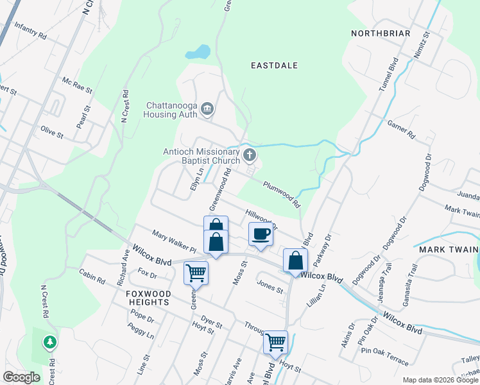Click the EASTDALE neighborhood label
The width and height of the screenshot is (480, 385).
pos(275,65)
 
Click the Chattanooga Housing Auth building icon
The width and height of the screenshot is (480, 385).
pos(207,109)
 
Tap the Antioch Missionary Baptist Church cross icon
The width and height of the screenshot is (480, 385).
pos(250,155)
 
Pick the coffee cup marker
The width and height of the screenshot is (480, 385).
pos(261,233)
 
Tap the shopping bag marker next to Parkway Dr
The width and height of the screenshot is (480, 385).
pos(295,260)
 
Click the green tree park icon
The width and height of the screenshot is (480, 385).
pos(50,342)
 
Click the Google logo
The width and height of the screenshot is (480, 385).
pos(21,377)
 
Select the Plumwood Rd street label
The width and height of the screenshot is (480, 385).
pos(282,193)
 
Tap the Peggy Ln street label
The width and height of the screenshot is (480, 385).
pos(141,331)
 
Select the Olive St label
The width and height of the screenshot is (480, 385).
pos(52,133)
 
